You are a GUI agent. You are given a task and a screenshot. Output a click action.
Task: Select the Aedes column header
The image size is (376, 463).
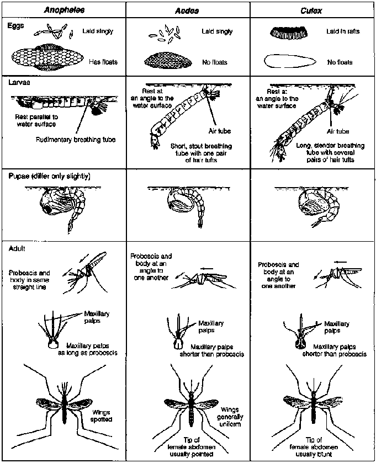point(188,10)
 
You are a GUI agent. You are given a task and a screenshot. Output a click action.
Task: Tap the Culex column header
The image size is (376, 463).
point(311,10)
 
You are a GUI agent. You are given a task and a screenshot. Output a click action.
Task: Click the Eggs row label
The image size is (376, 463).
point(17,25)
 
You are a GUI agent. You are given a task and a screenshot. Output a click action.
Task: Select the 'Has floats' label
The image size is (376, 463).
point(103,62)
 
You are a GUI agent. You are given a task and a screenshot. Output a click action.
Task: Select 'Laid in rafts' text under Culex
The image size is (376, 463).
point(342,31)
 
